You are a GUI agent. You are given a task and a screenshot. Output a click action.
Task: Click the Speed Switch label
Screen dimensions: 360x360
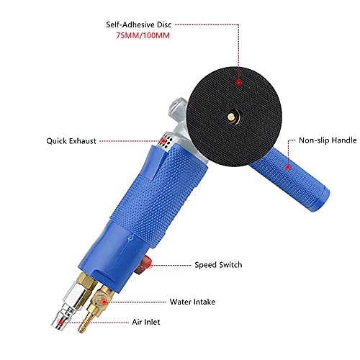[218, 265]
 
